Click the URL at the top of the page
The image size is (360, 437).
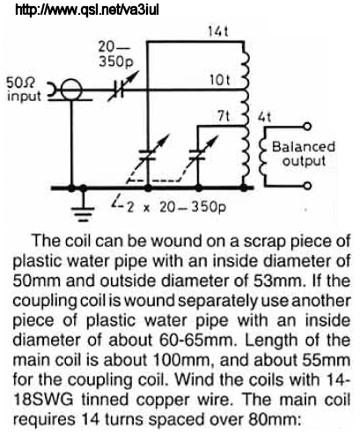(x=87, y=10)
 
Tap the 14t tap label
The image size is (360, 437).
(x=218, y=32)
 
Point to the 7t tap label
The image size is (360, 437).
(x=224, y=117)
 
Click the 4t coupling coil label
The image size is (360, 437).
(x=264, y=117)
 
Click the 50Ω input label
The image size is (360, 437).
(x=24, y=90)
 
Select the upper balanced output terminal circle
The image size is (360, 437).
(x=307, y=127)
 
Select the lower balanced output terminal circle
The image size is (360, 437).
(x=307, y=186)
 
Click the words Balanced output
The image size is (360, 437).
(x=303, y=154)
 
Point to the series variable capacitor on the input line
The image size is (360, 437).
(x=120, y=89)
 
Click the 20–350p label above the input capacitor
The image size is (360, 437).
(x=115, y=54)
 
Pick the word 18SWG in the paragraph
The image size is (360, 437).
(x=43, y=399)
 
